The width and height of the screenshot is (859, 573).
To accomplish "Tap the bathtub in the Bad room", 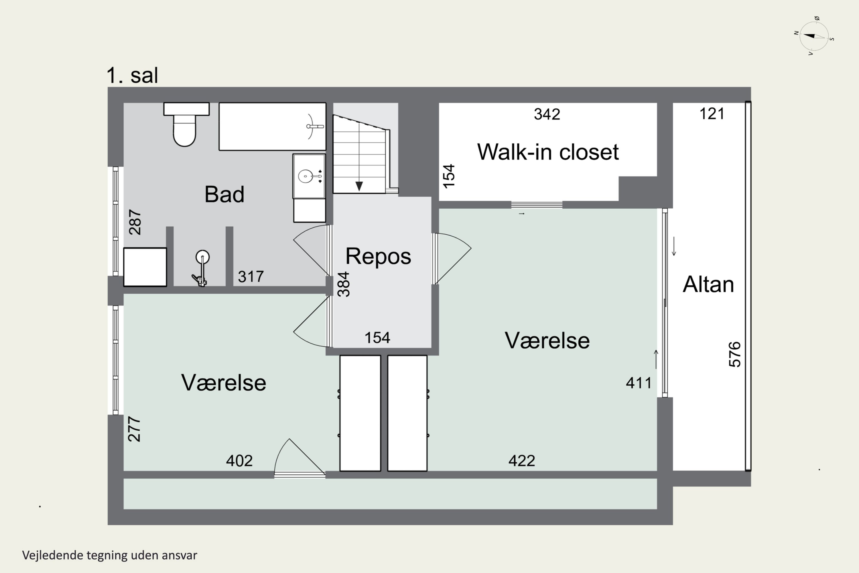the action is [x=273, y=126].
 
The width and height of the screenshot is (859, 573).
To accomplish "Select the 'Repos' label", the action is [x=378, y=256].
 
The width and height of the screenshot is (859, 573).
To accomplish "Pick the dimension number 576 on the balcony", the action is [x=734, y=354].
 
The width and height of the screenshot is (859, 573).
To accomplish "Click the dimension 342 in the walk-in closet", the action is [x=547, y=114].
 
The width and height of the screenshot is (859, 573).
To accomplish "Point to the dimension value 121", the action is [x=712, y=114].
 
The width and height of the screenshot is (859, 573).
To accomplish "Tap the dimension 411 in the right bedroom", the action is [x=639, y=383].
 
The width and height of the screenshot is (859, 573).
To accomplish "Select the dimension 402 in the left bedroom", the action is [x=239, y=461].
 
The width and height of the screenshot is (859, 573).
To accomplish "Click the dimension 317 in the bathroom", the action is [x=251, y=277].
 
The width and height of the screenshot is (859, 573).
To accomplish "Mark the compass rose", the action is [x=814, y=36].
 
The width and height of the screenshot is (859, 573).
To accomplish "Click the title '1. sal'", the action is [x=132, y=76].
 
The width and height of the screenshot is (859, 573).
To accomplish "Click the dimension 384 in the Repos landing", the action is [x=344, y=284].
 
